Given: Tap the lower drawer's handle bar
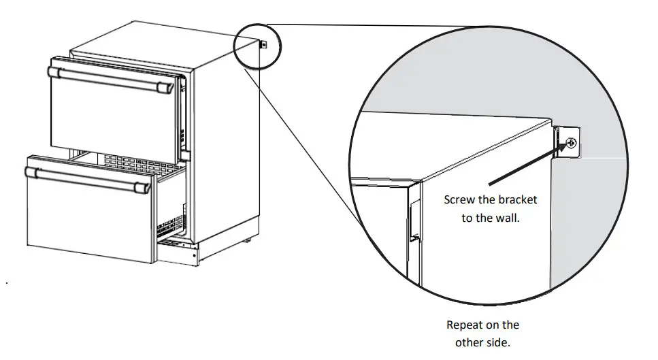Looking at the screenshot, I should coord(88,176).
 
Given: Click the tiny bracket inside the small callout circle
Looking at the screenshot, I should coord(263,45).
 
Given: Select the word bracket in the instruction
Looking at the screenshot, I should coord(515,200).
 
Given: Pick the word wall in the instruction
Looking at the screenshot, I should coord(510,218).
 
